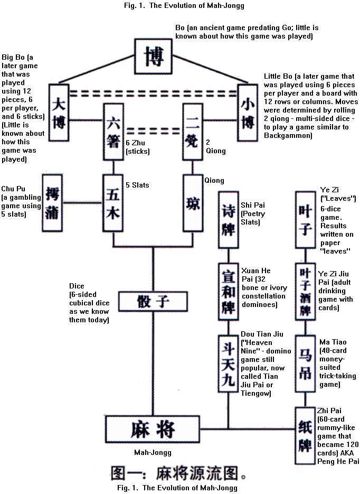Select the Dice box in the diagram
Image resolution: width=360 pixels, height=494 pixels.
click(154, 302)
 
